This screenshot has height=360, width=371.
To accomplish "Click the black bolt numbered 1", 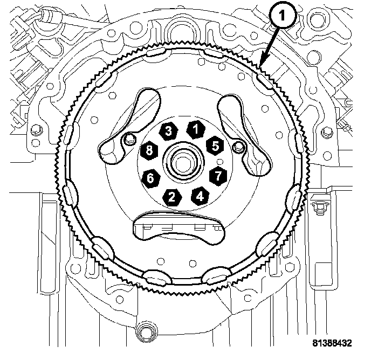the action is tap(196, 130).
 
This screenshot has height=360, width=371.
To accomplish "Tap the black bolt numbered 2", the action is tap(172, 197).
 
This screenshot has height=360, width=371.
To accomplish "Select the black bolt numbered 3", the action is tap(168, 131).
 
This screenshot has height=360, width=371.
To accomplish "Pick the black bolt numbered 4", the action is tap(200, 196).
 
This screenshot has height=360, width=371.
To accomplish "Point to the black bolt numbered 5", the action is tap(215, 146).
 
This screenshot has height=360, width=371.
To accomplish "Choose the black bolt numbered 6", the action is tap(151, 178).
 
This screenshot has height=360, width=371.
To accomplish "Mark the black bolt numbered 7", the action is tap(218, 176).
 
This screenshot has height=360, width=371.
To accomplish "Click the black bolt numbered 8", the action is tap(149, 151).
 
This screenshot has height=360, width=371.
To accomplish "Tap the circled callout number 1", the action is tap(282, 16).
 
